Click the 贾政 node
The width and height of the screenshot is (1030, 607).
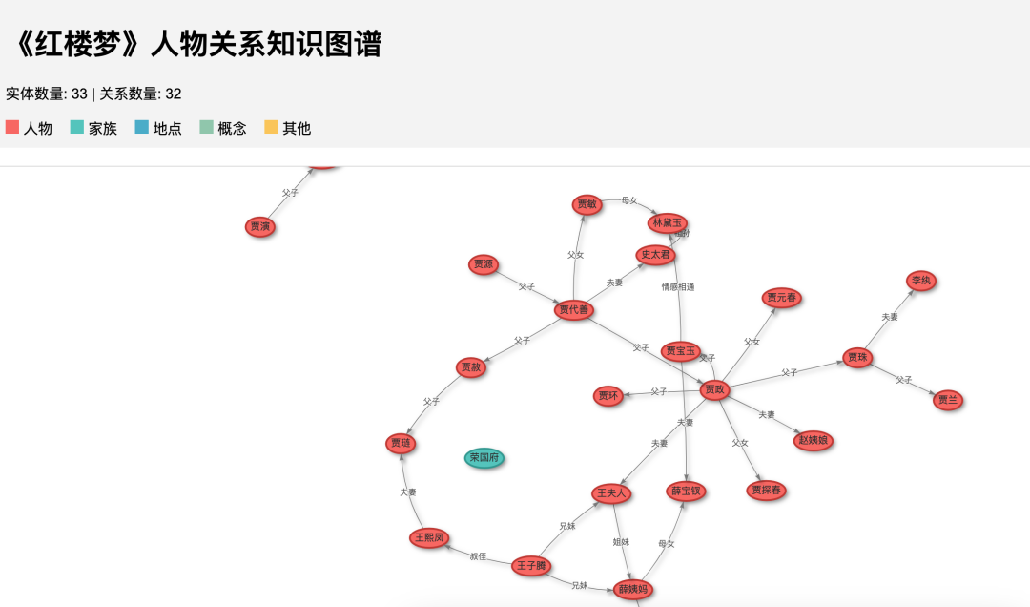click(714, 389)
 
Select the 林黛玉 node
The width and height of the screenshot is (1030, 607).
click(667, 223)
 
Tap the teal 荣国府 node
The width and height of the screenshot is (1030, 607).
click(484, 458)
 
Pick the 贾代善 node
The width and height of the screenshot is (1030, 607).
click(574, 309)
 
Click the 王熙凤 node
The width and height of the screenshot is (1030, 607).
click(429, 538)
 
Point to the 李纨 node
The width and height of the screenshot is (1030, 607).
click(920, 281)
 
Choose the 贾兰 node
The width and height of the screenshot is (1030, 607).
click(947, 400)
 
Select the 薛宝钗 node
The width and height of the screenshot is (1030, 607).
click(686, 492)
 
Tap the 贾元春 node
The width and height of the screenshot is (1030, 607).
click(782, 298)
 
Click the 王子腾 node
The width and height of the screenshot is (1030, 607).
click(531, 566)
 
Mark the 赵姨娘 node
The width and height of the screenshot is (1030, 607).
click(813, 440)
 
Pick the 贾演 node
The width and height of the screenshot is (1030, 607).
click(259, 226)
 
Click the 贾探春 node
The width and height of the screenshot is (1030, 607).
click(766, 491)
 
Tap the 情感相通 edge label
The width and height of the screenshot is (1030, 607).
click(678, 286)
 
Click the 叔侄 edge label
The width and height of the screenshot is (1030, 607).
click(478, 555)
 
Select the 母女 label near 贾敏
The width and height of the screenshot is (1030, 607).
click(629, 200)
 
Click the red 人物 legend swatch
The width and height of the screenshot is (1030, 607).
click(12, 127)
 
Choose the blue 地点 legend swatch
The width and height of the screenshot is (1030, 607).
click(142, 127)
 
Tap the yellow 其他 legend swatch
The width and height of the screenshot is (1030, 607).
click(271, 127)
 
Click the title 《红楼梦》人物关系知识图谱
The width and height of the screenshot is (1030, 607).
click(195, 44)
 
